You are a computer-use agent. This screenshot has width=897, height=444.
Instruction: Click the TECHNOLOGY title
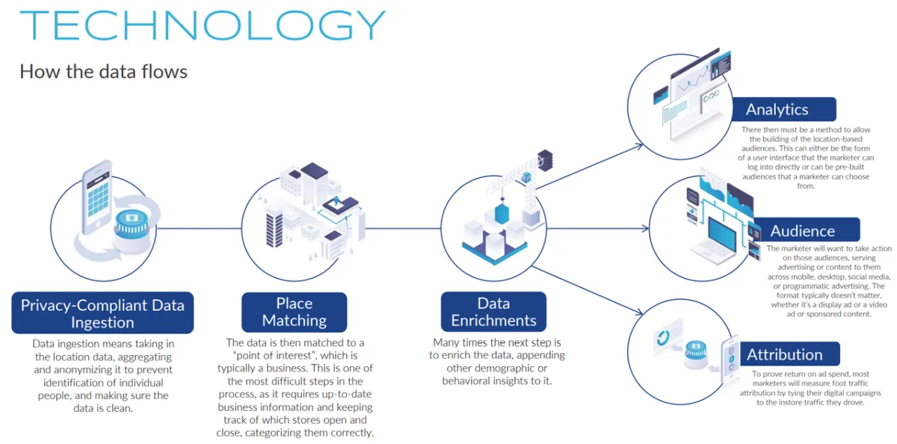click(x=203, y=25)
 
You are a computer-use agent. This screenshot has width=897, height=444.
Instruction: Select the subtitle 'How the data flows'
click(x=103, y=72)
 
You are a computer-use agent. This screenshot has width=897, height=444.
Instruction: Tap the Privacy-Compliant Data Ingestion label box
click(x=102, y=312)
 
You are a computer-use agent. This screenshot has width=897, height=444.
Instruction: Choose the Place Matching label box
click(x=295, y=312)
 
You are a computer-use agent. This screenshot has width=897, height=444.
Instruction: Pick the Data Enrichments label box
click(x=493, y=312)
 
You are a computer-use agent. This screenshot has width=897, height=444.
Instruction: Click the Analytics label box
click(x=784, y=109)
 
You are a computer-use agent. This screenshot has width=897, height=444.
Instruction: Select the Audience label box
click(x=806, y=230)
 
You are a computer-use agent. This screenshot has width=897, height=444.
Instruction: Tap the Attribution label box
click(x=789, y=354)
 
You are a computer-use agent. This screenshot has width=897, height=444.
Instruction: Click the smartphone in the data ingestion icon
click(x=96, y=198)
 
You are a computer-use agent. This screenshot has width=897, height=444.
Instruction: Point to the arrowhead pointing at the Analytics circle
click(x=639, y=146)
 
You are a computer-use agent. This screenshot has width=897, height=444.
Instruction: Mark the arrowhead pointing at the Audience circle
click(x=645, y=229)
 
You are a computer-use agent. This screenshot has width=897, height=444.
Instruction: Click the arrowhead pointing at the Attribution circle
click(x=638, y=312)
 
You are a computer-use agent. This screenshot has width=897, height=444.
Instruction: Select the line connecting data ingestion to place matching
click(x=199, y=229)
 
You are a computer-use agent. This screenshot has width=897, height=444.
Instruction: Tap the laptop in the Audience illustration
click(x=718, y=241)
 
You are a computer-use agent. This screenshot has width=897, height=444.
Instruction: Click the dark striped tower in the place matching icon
click(x=274, y=229)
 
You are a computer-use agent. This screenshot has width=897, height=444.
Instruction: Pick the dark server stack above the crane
click(x=545, y=160)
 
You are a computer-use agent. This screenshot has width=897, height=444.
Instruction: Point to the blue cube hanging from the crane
click(x=502, y=214)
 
